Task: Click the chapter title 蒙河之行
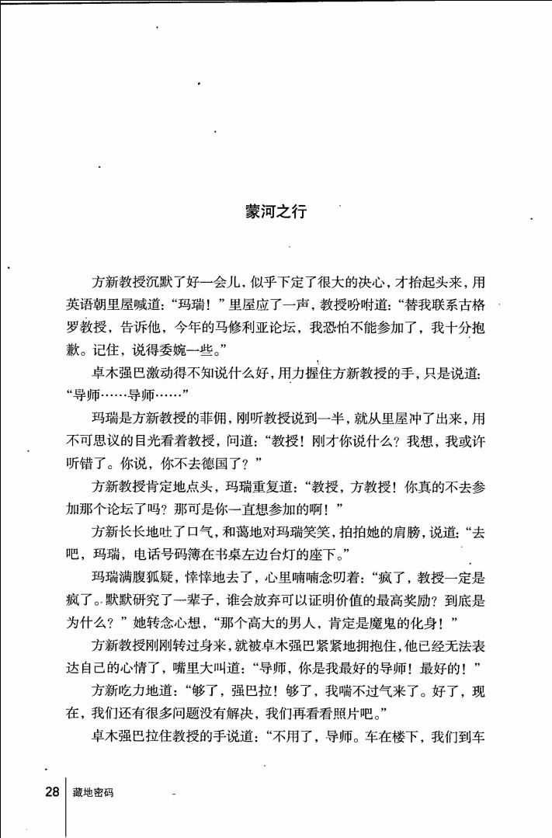pyautogui.click(x=276, y=211)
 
